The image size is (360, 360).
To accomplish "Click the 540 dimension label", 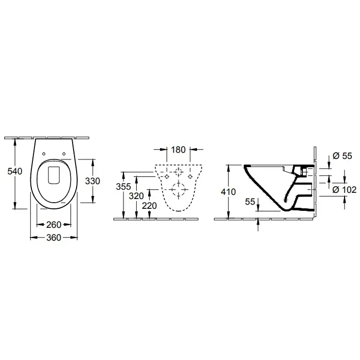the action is point(15,171).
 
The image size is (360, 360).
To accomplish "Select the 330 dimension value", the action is point(93,181).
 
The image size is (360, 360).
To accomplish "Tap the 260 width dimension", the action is point(53,225).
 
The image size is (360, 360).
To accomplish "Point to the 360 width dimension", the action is point(53,238).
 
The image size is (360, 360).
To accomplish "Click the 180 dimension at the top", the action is point(178,150).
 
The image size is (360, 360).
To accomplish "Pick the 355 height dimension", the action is point(123,187).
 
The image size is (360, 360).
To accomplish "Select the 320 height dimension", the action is point(136,196).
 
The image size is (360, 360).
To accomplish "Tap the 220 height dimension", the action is point(149,206).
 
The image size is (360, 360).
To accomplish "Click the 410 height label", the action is point(228,192).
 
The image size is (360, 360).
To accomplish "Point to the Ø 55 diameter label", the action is point(343,156).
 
